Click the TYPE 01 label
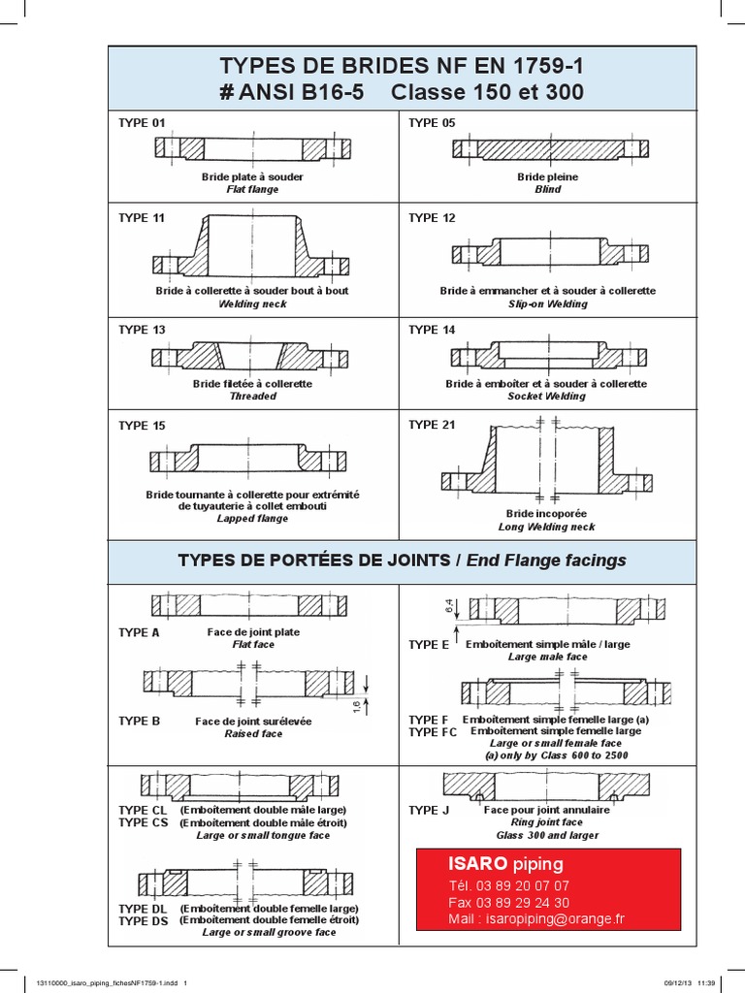[x=141, y=123]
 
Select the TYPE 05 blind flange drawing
[x=548, y=149]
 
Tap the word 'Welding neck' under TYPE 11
[x=252, y=304]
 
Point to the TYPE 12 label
[x=432, y=218]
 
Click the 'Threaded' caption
[x=252, y=397]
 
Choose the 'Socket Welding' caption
[x=546, y=397]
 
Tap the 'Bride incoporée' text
[x=546, y=513]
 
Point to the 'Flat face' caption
[x=252, y=645]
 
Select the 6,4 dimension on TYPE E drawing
[x=448, y=608]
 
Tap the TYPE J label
[x=428, y=810]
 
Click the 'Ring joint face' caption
[x=546, y=822]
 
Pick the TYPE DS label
[x=143, y=920]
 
